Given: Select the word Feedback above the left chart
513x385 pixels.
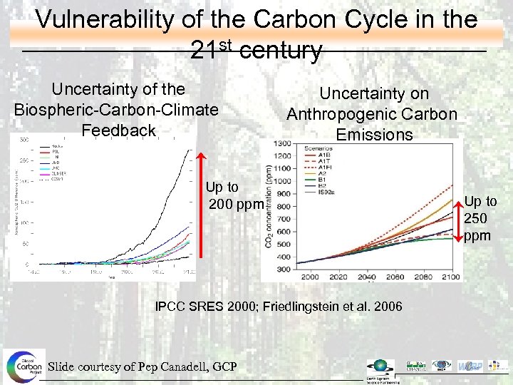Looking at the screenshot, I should pyautogui.click(x=118, y=130).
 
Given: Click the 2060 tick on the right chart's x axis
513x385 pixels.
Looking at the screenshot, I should pyautogui.click(x=395, y=276).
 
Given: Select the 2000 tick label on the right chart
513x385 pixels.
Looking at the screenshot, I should pyautogui.click(x=310, y=276).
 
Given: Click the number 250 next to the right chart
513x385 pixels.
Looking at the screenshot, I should pyautogui.click(x=475, y=218).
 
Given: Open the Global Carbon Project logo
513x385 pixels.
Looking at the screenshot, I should pyautogui.click(x=24, y=367).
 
